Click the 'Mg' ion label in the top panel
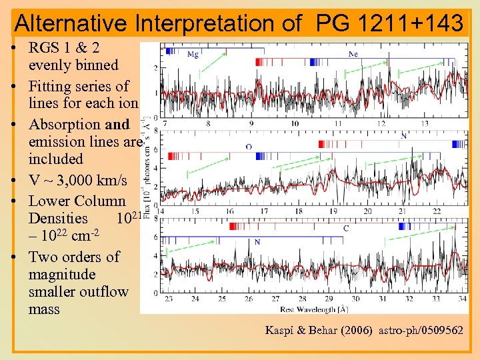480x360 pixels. point(193,55)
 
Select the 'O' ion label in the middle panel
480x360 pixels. point(249,147)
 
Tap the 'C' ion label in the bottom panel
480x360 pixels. point(345,229)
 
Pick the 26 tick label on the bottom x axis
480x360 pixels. point(249,299)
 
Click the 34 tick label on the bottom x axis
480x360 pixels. point(463,299)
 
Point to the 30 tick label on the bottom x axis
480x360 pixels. point(355,299)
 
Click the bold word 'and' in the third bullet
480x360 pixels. point(117,125)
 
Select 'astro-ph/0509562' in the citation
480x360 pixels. point(421,330)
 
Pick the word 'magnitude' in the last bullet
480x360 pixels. point(62,275)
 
